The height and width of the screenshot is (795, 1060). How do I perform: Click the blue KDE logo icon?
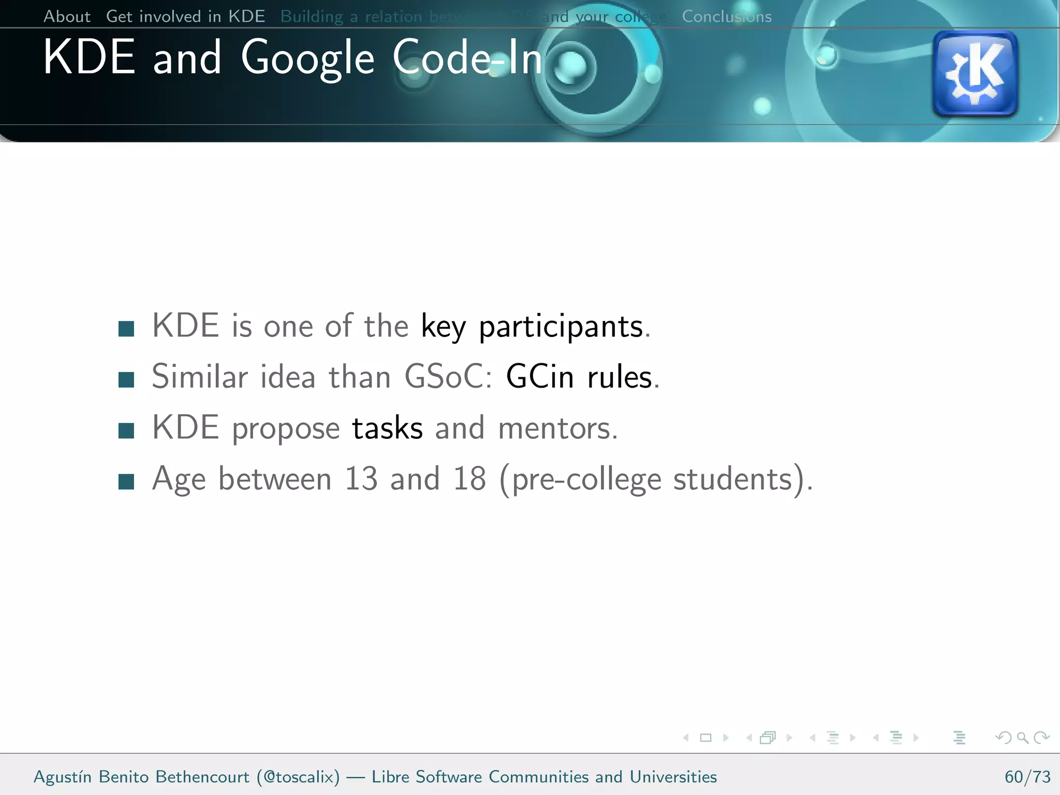tap(975, 73)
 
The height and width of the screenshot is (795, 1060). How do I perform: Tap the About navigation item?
tap(67, 17)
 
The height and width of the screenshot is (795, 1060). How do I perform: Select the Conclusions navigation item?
tap(727, 17)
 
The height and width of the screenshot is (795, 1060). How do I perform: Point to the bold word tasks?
tap(387, 429)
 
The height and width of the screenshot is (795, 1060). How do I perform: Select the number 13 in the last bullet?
tap(361, 479)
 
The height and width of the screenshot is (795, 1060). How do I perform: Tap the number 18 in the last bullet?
tap(469, 479)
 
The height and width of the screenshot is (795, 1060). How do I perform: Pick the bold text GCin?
tap(540, 377)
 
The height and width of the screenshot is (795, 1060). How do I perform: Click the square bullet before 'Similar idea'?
tap(126, 380)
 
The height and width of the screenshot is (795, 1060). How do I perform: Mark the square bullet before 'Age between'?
tap(126, 482)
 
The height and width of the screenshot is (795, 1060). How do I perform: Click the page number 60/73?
tap(1027, 777)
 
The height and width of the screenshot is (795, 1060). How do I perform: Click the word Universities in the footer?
tap(673, 777)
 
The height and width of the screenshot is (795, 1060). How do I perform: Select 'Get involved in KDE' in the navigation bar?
tap(185, 17)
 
